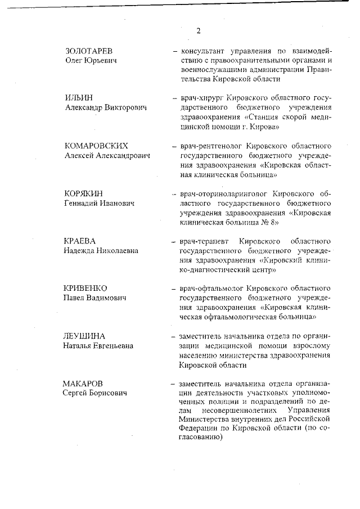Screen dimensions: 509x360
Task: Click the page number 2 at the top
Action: coord(198,31)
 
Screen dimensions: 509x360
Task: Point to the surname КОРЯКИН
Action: coord(83,193)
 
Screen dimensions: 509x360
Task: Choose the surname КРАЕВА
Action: coord(79,241)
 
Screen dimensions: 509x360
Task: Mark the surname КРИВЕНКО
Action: coord(84,289)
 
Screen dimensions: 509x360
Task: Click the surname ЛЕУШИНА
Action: coord(83,336)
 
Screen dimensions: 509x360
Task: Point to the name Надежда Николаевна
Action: coord(101,250)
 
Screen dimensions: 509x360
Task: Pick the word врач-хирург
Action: coord(201,98)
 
